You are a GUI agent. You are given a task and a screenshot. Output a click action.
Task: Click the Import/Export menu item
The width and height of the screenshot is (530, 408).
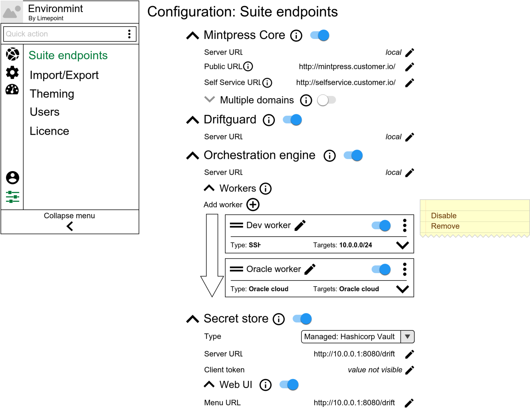coord(64,75)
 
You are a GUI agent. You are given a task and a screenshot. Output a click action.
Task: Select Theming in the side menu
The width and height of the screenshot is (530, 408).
coord(52,94)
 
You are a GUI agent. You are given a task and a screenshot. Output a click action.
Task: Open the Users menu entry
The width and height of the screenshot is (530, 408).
coord(45,112)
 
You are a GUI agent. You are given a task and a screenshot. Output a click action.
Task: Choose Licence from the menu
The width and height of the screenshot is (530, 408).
coord(50,131)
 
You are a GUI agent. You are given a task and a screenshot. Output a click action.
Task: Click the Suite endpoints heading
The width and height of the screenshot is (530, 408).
coord(68,56)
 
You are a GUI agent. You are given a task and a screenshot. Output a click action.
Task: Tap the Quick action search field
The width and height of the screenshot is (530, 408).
coord(63,34)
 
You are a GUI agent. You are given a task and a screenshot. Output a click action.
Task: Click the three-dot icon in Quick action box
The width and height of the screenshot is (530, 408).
coord(129,34)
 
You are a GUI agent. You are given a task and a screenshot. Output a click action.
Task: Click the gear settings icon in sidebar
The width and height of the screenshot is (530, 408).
coord(12,73)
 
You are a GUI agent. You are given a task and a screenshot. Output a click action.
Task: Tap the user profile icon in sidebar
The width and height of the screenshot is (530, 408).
coord(12,178)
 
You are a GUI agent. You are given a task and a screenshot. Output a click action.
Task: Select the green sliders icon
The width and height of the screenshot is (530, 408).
coord(12,197)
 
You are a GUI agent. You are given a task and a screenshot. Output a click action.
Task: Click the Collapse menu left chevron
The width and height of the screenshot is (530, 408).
coord(70,226)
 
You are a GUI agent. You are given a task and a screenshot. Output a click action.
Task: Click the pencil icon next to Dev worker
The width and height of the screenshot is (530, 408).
coord(300,225)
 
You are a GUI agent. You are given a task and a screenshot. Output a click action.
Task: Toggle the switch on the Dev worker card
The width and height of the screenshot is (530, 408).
coord(381,225)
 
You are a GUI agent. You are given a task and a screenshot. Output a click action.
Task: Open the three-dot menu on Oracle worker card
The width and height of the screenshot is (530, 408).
coord(405,269)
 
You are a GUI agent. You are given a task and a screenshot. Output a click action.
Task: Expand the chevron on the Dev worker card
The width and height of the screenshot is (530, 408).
coord(402,245)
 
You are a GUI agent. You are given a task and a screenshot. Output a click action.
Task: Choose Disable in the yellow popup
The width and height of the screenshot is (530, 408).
coord(444,216)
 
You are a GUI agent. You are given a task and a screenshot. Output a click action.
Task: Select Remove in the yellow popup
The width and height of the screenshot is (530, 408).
coord(445,226)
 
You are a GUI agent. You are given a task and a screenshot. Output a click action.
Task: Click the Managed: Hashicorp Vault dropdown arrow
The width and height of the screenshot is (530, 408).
coord(407,337)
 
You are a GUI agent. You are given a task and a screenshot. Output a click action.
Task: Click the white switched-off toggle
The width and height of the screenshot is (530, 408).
coord(326,100)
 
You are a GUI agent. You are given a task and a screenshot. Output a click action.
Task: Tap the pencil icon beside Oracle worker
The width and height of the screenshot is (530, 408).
coord(310,269)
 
